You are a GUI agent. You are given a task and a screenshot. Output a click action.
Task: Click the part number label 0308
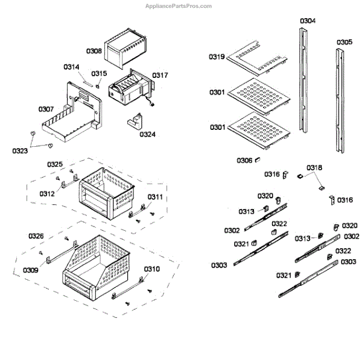(94, 51)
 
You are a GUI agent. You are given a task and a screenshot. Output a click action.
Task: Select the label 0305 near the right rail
(345, 42)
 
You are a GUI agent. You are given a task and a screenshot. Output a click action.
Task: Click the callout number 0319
(217, 57)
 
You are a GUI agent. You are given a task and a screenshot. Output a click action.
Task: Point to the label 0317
(160, 76)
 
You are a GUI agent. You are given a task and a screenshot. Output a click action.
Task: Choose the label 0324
(147, 134)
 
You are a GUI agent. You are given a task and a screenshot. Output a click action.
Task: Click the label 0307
(46, 109)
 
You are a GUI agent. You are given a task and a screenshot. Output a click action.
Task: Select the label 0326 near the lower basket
(36, 236)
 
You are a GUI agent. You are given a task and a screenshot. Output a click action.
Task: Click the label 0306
(244, 160)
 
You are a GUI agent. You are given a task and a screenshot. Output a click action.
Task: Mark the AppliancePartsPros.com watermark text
(179, 6)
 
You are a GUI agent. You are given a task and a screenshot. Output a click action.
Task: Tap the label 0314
(71, 66)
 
